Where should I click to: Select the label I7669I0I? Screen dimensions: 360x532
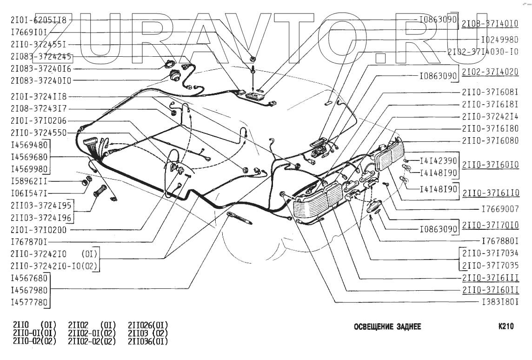28,33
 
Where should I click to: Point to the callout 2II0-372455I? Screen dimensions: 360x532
38,45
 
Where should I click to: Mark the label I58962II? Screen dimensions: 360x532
28,180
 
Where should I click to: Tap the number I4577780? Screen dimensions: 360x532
29,302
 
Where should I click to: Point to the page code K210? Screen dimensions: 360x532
505,327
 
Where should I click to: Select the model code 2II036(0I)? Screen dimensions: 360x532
148,341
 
